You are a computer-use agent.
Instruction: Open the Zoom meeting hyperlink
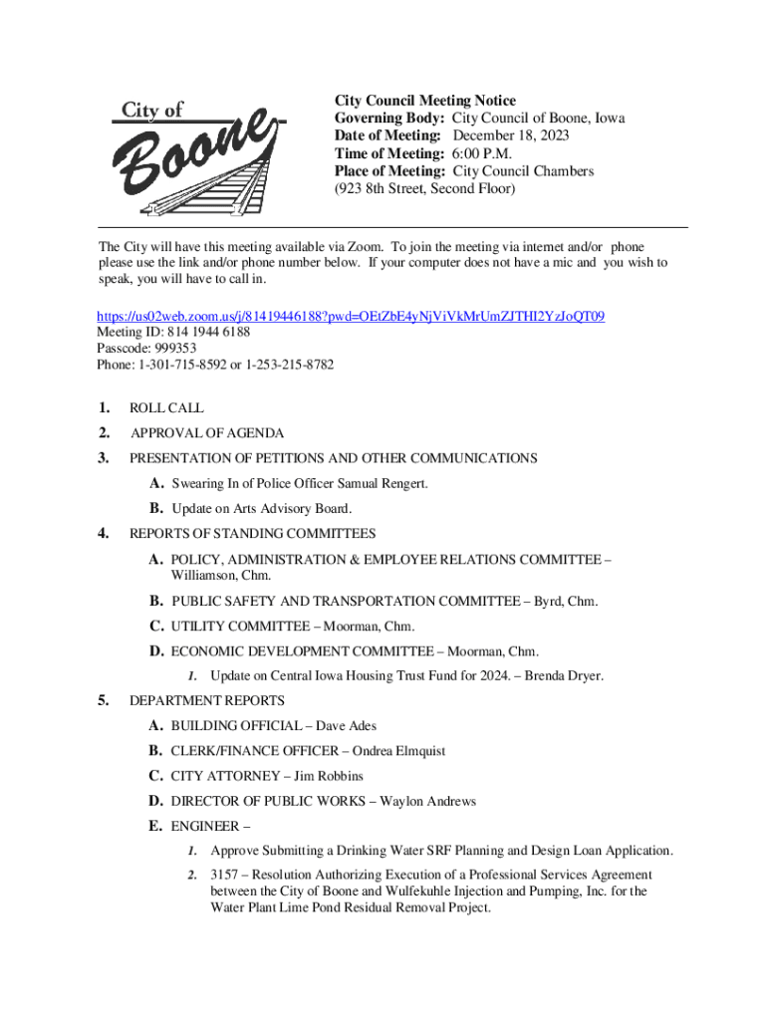pyautogui.click(x=351, y=317)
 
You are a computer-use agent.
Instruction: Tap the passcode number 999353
pyautogui.click(x=175, y=349)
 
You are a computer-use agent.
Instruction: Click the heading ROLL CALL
pyautogui.click(x=166, y=408)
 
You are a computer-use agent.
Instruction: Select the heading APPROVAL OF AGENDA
pyautogui.click(x=207, y=433)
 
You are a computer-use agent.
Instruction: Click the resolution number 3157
pyautogui.click(x=224, y=875)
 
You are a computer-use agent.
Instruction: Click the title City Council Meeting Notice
pyautogui.click(x=424, y=101)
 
